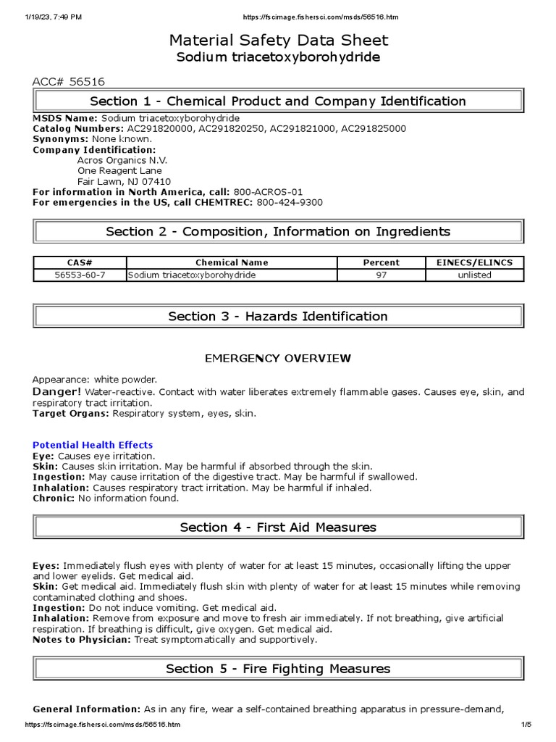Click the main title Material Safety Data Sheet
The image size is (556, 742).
pos(278,40)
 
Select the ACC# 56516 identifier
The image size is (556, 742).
pos(69,83)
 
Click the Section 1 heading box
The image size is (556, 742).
pos(278,101)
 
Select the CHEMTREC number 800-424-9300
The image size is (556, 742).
pos(290,202)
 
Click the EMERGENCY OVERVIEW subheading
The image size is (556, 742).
pos(278,359)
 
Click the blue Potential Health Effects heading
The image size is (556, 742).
pos(93,445)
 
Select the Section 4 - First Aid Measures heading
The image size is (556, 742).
pos(278,528)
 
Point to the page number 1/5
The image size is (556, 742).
pos(526,725)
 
